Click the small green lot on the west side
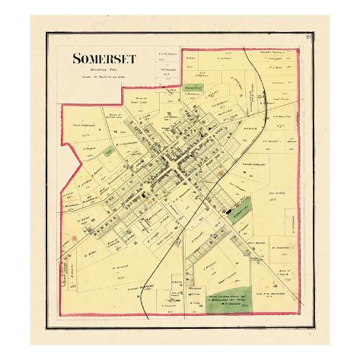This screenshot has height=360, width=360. coord(111,152)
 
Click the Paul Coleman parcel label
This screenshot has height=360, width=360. coord(83,126)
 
